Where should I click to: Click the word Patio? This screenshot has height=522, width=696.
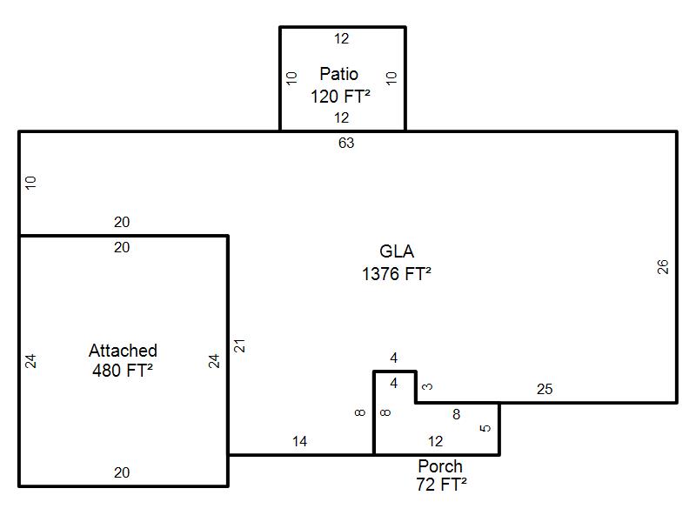(x=338, y=74)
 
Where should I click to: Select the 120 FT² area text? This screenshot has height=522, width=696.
(x=340, y=97)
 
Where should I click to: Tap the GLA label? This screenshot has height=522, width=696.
(x=397, y=251)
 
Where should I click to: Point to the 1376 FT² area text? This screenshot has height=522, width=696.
(x=397, y=274)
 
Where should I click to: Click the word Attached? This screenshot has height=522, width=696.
(x=123, y=351)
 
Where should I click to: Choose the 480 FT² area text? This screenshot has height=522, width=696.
(x=123, y=371)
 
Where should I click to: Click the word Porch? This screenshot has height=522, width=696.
(x=440, y=466)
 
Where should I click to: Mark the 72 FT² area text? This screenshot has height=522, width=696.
(x=441, y=485)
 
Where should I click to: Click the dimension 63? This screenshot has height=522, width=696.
(x=346, y=143)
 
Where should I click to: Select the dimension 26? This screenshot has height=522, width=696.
(x=663, y=267)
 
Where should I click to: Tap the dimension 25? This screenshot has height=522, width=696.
(x=545, y=389)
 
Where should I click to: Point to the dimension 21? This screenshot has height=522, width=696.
(x=239, y=345)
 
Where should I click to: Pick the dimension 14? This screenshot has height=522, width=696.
(x=299, y=442)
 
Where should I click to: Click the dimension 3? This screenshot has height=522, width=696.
(x=427, y=386)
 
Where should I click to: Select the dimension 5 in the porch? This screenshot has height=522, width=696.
(x=485, y=428)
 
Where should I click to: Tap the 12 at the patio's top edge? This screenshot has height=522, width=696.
(x=341, y=38)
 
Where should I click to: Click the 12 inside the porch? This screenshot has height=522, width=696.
(x=436, y=442)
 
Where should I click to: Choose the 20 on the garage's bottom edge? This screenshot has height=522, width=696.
(x=122, y=472)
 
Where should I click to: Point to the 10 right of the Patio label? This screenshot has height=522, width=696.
(x=391, y=78)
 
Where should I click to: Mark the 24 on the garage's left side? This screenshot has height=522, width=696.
(x=30, y=361)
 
